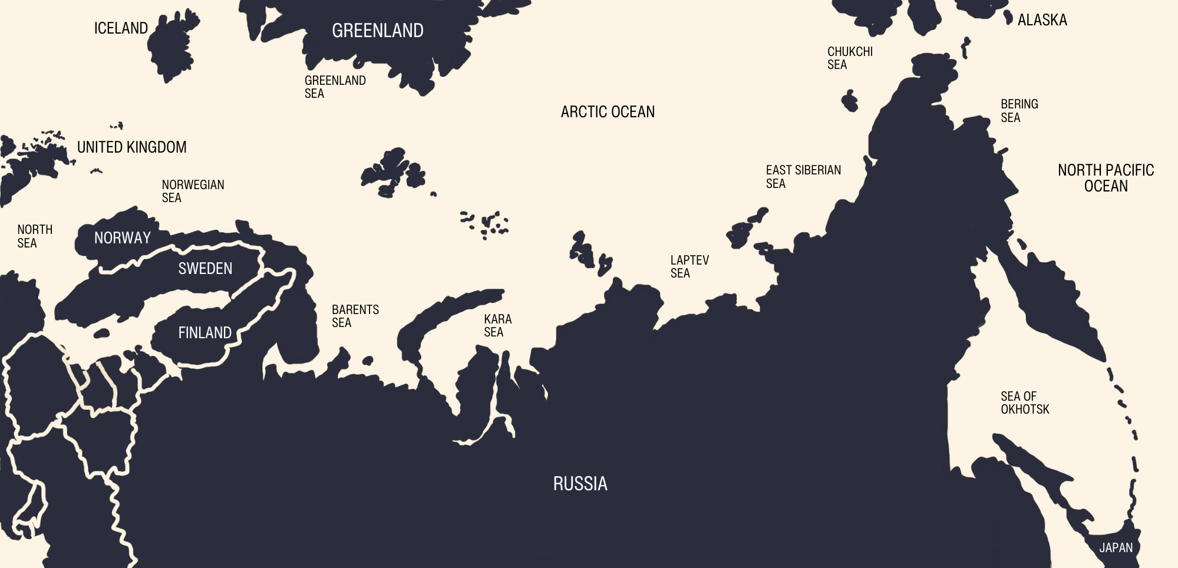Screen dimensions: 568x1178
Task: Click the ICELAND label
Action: coord(121,28)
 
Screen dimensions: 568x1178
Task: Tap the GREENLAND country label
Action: coord(378,31)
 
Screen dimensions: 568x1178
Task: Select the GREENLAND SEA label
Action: coord(335,87)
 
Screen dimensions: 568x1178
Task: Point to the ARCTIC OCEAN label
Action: coord(608,112)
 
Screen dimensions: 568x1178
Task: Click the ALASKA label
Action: coord(1042,20)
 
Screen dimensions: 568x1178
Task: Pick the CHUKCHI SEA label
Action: coord(850,58)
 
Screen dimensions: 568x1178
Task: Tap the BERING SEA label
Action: coord(1019,111)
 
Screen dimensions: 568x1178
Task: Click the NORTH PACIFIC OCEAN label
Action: coord(1106,178)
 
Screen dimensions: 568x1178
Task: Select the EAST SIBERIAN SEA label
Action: coord(803,177)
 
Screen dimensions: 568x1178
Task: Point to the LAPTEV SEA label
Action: coord(689,266)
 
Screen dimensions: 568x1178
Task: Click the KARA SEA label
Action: coord(497,325)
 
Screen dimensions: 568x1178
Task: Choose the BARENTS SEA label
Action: coord(355,316)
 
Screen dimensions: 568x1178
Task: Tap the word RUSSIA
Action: coord(580,484)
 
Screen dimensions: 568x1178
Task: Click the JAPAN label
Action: coord(1116,548)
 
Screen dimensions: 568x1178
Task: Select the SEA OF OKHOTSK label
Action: coord(1025,402)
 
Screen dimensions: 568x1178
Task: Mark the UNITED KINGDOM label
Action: coord(131,147)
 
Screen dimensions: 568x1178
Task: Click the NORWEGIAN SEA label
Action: coord(193,191)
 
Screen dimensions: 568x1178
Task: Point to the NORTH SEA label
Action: coord(35,236)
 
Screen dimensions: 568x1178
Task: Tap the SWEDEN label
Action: coord(205,269)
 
